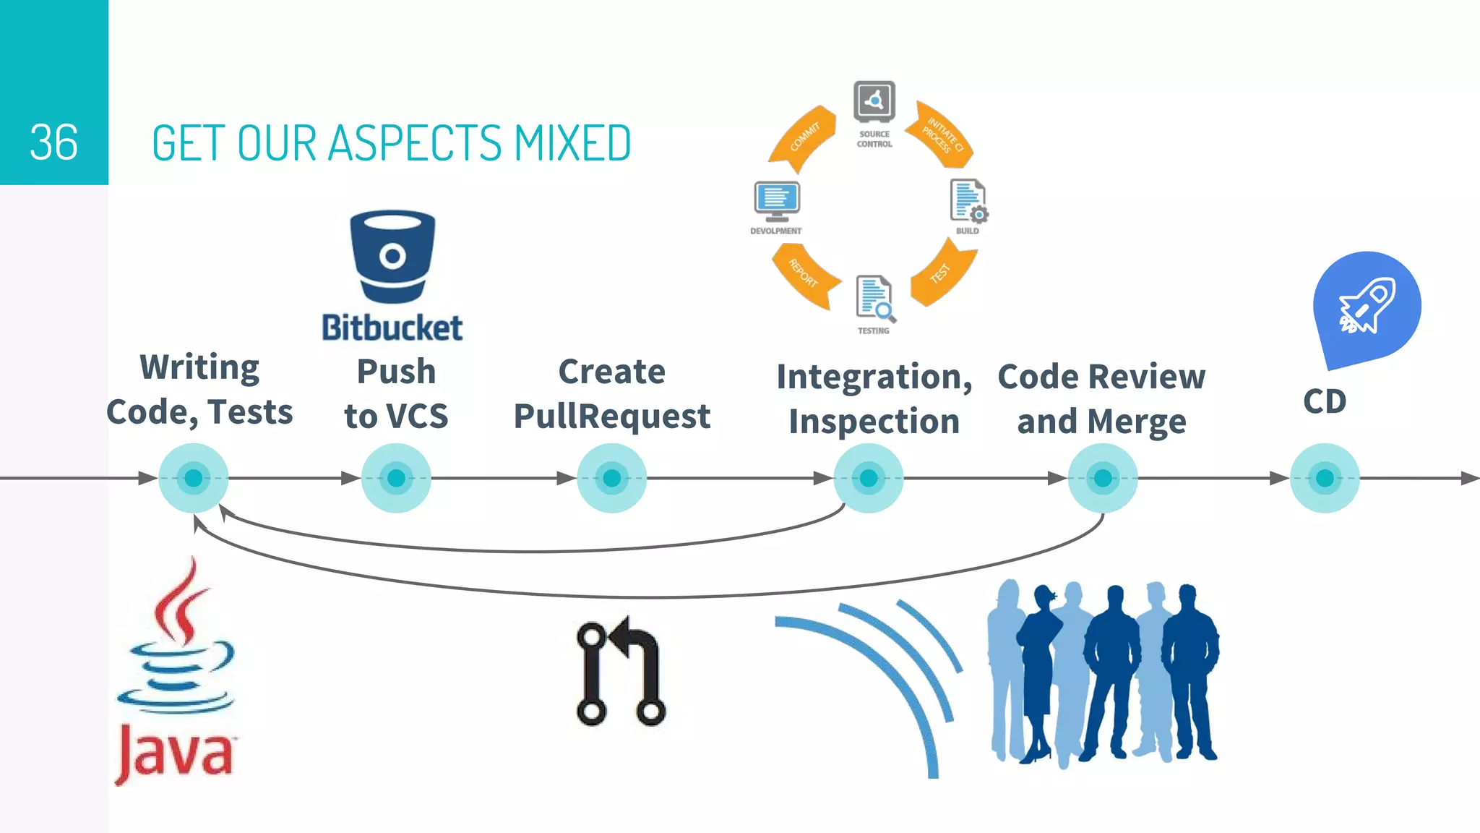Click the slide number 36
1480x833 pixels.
click(54, 142)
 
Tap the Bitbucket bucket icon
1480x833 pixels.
click(392, 256)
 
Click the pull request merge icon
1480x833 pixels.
click(620, 672)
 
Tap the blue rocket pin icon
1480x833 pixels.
click(1365, 305)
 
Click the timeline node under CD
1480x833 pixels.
click(1325, 478)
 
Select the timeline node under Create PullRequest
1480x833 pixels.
click(611, 478)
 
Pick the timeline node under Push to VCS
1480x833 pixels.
click(396, 478)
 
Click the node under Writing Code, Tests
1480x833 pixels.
click(193, 478)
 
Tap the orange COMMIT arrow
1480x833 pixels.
click(803, 137)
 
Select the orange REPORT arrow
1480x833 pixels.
click(804, 275)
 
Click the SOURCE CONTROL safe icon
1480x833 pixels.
click(874, 101)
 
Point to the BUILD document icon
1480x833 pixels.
click(968, 200)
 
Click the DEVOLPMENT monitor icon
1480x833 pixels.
click(777, 199)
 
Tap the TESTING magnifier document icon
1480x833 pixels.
click(874, 297)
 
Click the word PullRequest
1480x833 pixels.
click(612, 416)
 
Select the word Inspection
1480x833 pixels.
click(874, 422)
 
